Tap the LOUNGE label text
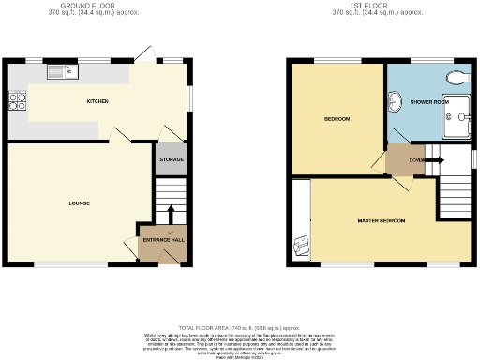(x=78, y=202)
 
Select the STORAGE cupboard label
(x=170, y=159)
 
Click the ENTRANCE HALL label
(x=163, y=240)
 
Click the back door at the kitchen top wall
(x=142, y=55)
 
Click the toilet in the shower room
(x=457, y=76)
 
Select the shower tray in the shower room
(x=457, y=117)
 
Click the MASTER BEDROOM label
(x=381, y=220)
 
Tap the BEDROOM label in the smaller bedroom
(x=337, y=120)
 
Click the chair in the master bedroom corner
(x=302, y=245)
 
